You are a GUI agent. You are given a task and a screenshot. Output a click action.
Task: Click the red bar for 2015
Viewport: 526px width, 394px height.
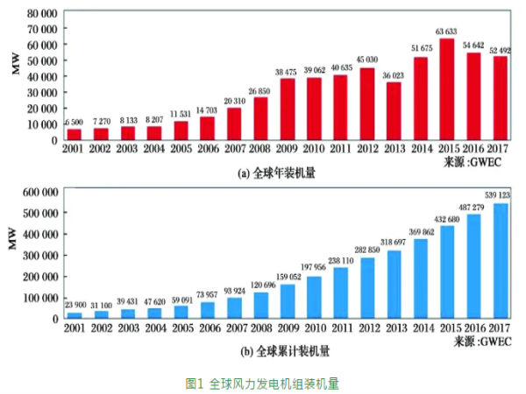tap(447, 90)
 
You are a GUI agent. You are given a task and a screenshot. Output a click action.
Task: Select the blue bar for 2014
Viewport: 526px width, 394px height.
tap(420, 278)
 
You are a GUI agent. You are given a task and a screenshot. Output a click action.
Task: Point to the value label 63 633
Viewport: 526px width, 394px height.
tap(447, 32)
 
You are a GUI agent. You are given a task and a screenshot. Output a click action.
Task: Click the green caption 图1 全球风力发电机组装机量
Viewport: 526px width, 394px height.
tap(262, 383)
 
